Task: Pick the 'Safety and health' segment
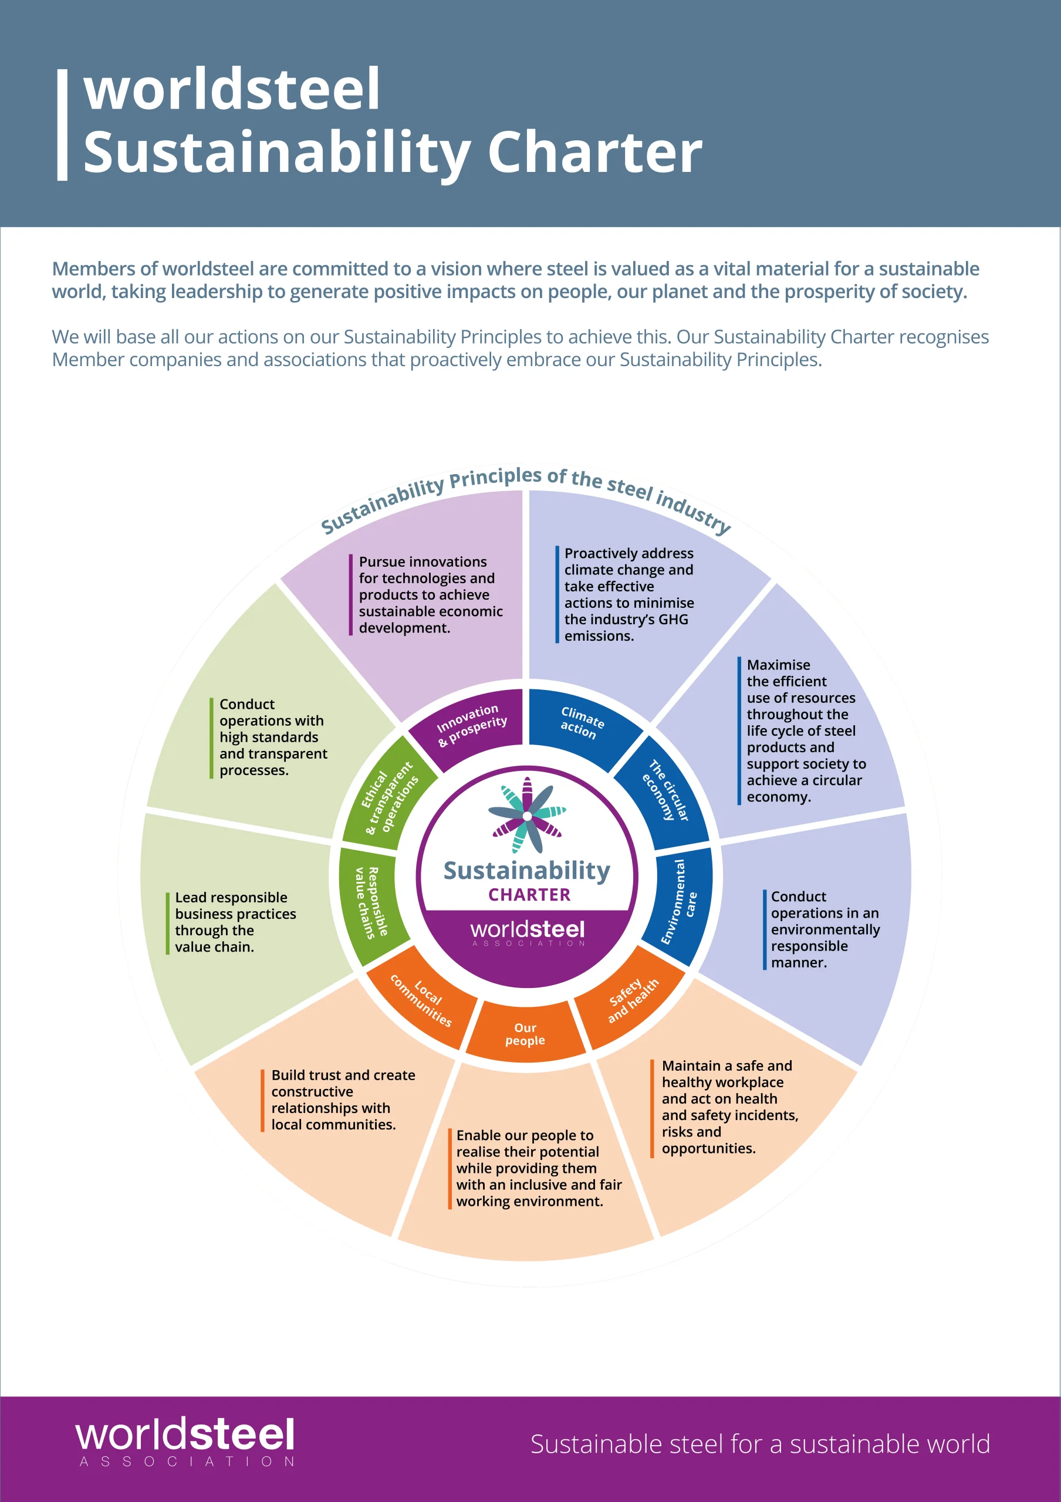632,1000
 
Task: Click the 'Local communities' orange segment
421,1000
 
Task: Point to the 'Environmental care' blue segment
680,903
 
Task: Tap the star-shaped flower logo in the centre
527,815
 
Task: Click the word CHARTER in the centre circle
529,894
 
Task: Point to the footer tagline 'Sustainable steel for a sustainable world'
760,1444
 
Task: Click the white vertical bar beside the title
62,124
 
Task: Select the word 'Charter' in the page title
594,152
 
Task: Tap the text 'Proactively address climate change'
629,561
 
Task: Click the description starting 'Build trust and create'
343,1100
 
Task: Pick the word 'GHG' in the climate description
673,619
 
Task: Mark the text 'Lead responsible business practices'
235,905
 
